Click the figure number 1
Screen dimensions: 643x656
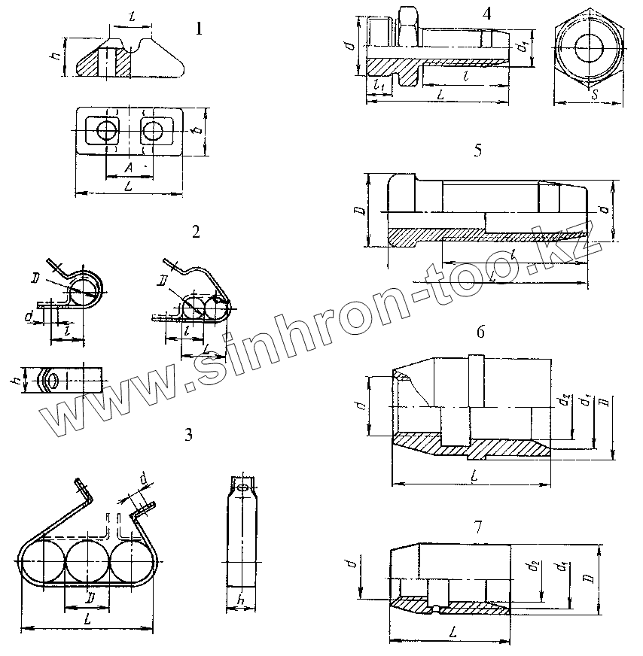pyautogui.click(x=198, y=29)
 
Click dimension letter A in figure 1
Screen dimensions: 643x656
pyautogui.click(x=128, y=166)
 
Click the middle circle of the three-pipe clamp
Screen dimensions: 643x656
pyautogui.click(x=87, y=560)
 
